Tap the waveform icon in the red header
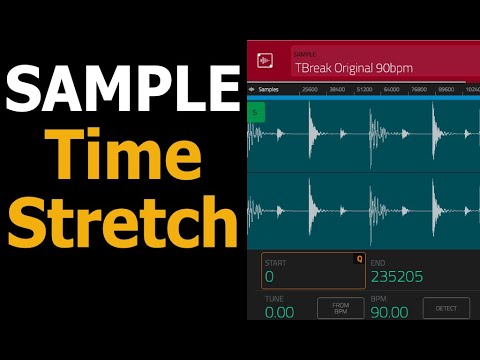click(266, 61)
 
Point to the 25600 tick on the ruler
click(309, 89)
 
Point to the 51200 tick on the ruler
click(363, 89)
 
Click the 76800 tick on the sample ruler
click(417, 89)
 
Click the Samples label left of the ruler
click(267, 89)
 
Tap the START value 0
click(269, 276)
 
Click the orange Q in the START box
click(359, 258)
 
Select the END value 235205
click(396, 276)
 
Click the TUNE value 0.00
click(279, 312)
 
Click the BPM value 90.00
click(389, 312)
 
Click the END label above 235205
click(377, 262)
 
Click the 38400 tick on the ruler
click(336, 89)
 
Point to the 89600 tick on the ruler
click(444, 89)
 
